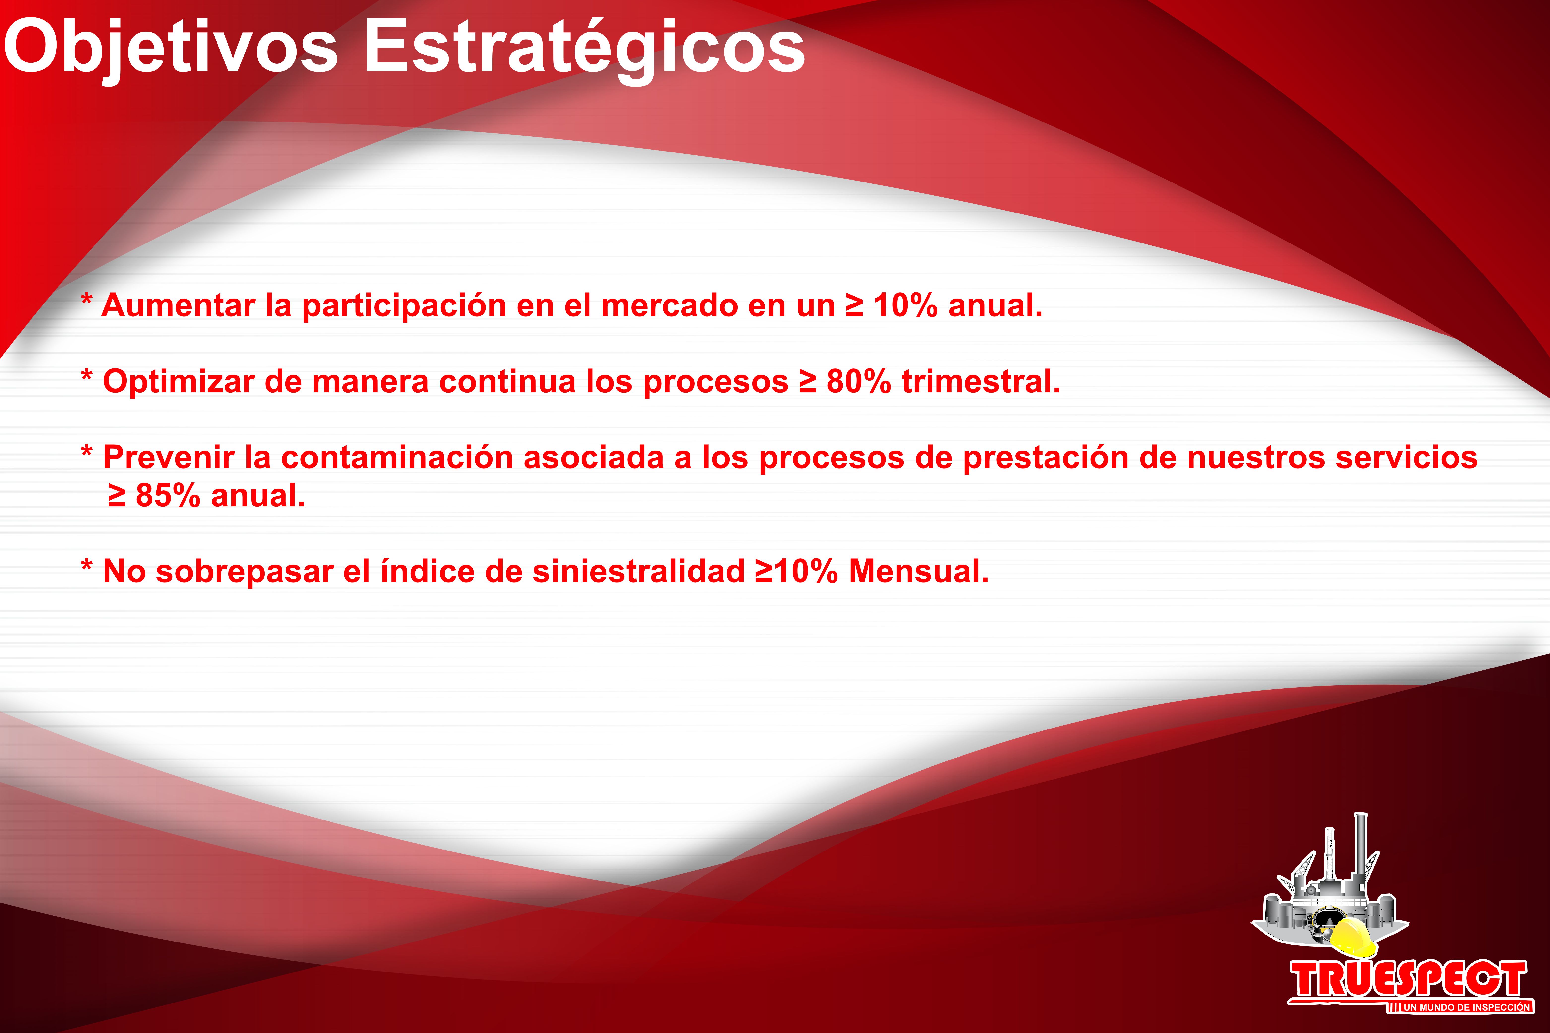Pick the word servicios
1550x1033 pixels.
click(x=1406, y=457)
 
